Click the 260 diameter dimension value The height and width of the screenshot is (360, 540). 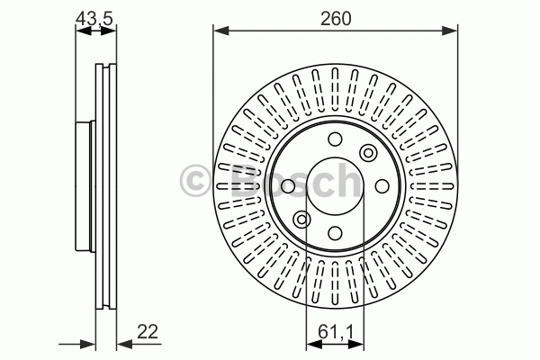coord(336,19)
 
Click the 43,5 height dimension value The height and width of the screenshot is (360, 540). coord(94,19)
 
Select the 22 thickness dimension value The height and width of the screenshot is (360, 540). coord(148,332)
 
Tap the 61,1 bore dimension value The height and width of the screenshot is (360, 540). coord(336,333)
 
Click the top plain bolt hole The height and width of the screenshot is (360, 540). coord(335,139)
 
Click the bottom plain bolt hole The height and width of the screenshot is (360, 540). coord(335,233)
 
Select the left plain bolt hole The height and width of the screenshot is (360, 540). coord(288,186)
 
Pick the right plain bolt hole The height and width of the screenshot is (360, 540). coord(382,186)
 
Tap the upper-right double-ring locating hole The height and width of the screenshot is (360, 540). coord(368,153)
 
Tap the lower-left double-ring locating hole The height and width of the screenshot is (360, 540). coord(302,220)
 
